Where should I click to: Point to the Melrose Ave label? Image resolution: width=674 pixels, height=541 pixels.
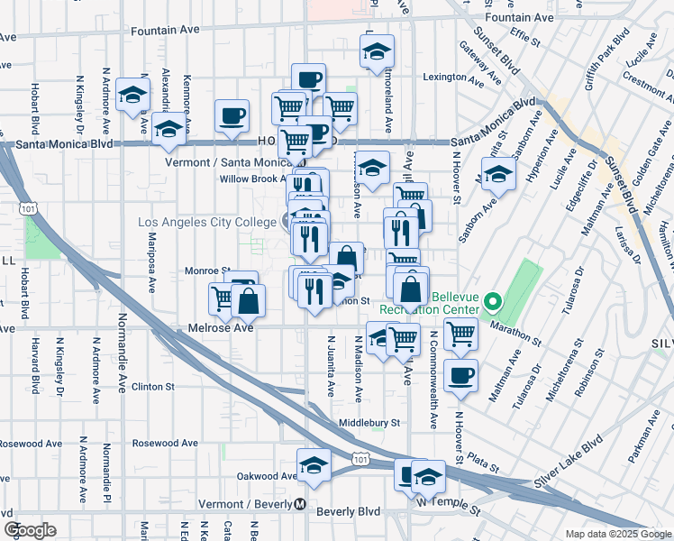pos(217,328)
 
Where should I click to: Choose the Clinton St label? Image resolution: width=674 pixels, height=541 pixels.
pos(152,386)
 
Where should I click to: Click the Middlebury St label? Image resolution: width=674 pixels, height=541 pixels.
pos(369,422)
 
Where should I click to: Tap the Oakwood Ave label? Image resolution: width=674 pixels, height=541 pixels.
pos(267,476)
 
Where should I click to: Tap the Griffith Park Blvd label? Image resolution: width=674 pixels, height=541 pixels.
pos(608,52)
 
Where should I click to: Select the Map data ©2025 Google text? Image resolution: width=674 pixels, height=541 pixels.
pos(617,534)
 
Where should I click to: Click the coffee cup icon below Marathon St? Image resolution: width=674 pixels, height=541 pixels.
pos(460,374)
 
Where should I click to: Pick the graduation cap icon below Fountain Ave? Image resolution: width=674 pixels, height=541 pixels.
pos(378,52)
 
